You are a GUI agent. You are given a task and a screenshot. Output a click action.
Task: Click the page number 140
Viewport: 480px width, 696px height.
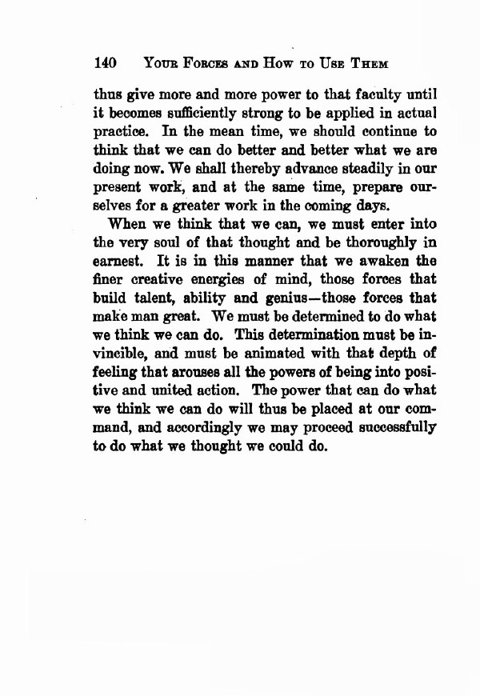(x=106, y=62)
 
